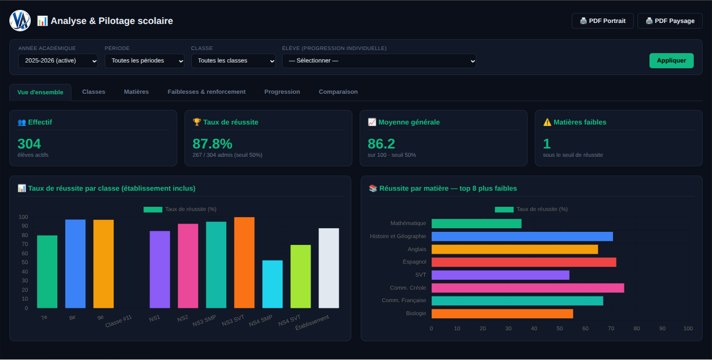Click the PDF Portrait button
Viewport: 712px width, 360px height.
[603, 21]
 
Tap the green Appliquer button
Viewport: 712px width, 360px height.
[671, 60]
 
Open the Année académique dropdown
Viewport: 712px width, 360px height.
[58, 60]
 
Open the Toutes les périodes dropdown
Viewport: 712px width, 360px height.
[144, 60]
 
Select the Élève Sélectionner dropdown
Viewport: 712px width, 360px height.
[379, 60]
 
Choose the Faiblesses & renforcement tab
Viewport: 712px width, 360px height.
[206, 92]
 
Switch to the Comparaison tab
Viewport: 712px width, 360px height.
[338, 92]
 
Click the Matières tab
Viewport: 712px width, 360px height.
[137, 92]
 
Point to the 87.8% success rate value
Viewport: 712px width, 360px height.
[212, 144]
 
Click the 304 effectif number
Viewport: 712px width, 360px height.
[29, 144]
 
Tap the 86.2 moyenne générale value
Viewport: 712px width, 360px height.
[382, 144]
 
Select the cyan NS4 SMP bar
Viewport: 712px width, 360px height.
[273, 284]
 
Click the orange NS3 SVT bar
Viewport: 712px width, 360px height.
[244, 263]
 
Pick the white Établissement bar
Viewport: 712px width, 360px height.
[329, 268]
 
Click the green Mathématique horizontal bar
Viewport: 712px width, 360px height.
[476, 224]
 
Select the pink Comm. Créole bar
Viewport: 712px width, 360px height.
[527, 288]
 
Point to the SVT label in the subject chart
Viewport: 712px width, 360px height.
[421, 275]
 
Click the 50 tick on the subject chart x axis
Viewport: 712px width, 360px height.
[560, 329]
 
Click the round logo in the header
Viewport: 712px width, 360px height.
[20, 21]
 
